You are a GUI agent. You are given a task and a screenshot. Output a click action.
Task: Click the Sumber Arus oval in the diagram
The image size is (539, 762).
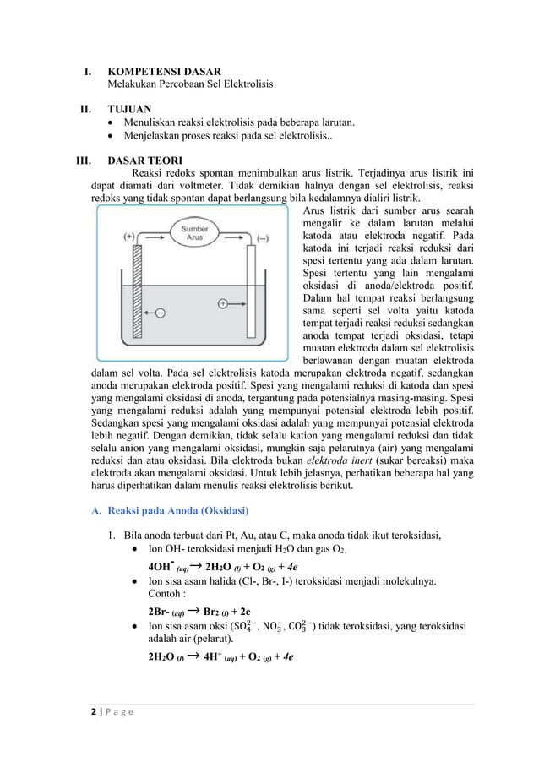click(193, 233)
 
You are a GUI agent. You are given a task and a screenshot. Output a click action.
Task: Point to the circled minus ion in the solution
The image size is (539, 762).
click(161, 313)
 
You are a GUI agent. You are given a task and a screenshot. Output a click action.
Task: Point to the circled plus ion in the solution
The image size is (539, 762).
click(223, 302)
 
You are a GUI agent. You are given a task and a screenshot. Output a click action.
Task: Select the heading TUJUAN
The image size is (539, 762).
click(130, 109)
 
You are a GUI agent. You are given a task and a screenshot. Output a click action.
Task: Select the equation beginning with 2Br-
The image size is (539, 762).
click(198, 611)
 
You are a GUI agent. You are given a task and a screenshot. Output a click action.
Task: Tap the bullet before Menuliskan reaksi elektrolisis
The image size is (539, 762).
click(112, 122)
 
